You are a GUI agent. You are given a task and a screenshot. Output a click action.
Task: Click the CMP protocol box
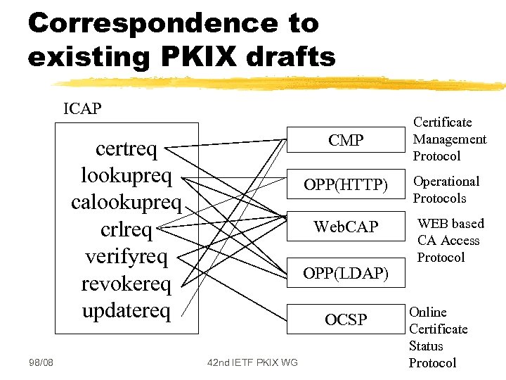345,140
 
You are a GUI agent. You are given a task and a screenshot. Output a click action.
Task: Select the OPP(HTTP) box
345,184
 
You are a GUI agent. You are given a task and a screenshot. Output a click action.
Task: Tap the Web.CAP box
345,227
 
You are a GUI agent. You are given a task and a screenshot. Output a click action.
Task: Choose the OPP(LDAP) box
345,273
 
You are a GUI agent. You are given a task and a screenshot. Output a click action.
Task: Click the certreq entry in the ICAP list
126,149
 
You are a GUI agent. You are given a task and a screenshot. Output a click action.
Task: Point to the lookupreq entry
126,175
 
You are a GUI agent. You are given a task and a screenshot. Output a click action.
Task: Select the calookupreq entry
126,203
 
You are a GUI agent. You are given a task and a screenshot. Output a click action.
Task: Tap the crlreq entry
126,229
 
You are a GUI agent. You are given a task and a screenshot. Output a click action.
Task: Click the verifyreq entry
126,256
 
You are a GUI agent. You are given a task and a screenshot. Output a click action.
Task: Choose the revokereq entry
126,283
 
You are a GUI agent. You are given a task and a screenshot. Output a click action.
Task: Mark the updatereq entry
126,310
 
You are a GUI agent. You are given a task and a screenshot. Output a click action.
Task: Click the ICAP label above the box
82,109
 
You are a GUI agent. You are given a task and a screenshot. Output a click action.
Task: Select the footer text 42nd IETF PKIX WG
252,362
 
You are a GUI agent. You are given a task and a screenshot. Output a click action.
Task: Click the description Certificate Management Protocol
449,139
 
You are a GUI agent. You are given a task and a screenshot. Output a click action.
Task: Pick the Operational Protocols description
446,189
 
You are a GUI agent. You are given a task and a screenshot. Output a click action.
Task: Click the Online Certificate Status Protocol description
438,337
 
